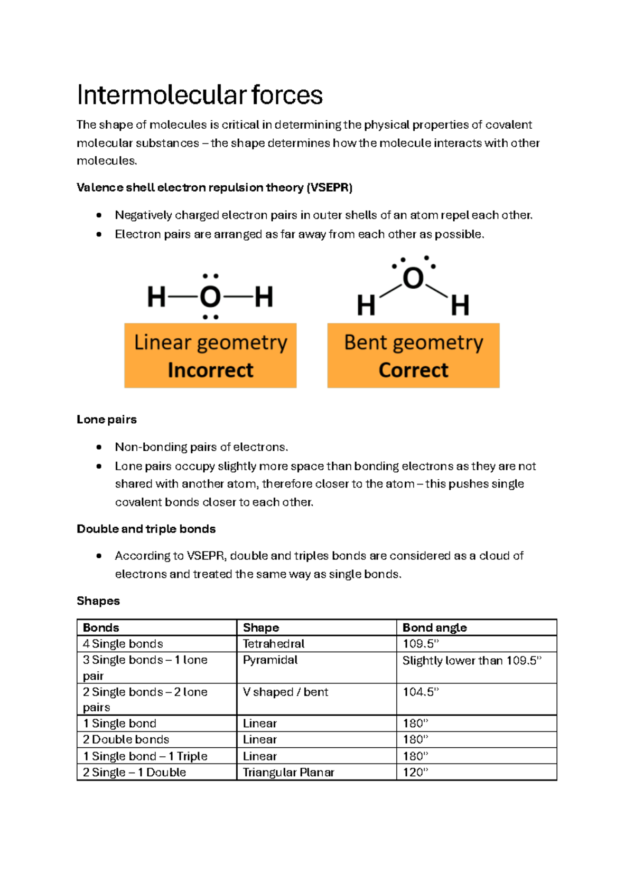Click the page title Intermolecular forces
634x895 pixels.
coord(199,96)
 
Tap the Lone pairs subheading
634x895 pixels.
coord(107,420)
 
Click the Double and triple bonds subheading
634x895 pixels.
coord(146,529)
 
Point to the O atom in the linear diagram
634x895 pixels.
coord(210,297)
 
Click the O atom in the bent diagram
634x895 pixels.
coord(413,279)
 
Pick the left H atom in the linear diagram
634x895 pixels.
coord(157,297)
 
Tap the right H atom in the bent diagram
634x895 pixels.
coord(460,306)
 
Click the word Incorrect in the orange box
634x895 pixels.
coord(210,370)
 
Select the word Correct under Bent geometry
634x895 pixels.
coord(413,370)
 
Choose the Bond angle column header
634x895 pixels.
coord(435,628)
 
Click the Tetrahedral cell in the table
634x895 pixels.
coord(274,644)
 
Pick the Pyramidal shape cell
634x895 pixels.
coord(270,660)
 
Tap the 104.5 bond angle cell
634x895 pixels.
coord(421,692)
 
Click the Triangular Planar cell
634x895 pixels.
coord(288,773)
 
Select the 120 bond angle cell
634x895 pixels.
coord(415,773)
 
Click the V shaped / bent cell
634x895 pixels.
coord(285,692)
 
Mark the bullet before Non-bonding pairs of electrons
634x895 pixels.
coord(99,447)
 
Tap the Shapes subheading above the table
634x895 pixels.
coord(98,601)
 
